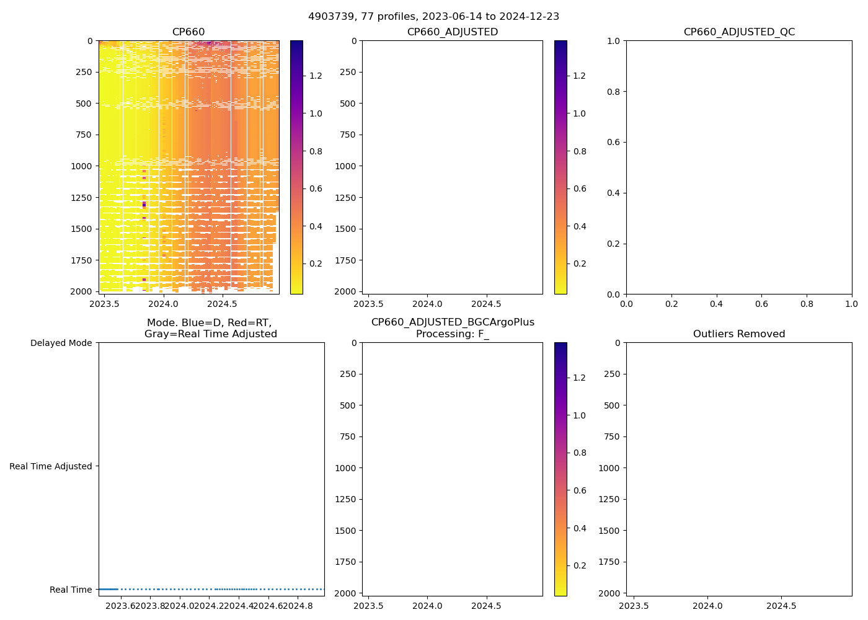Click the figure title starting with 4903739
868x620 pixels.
click(x=433, y=16)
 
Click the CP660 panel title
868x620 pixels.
click(x=188, y=32)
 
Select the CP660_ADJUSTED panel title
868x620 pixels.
click(x=452, y=32)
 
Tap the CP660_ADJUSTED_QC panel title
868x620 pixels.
click(x=739, y=32)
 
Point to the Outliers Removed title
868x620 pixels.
click(x=739, y=334)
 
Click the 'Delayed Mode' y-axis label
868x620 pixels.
click(x=61, y=343)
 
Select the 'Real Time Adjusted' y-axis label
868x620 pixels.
click(x=51, y=466)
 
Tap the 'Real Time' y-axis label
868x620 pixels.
click(x=71, y=590)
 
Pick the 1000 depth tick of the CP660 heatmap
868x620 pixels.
click(x=82, y=166)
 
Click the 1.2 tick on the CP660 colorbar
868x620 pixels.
click(x=316, y=76)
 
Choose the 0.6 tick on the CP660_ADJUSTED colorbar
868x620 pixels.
click(x=580, y=188)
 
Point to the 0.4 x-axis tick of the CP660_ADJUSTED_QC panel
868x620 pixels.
click(x=716, y=304)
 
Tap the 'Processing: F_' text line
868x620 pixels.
click(x=452, y=334)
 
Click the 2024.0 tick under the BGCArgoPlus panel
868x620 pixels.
click(x=427, y=606)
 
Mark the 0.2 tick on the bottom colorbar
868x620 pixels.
click(x=580, y=565)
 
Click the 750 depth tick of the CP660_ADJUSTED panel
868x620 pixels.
click(x=348, y=135)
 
